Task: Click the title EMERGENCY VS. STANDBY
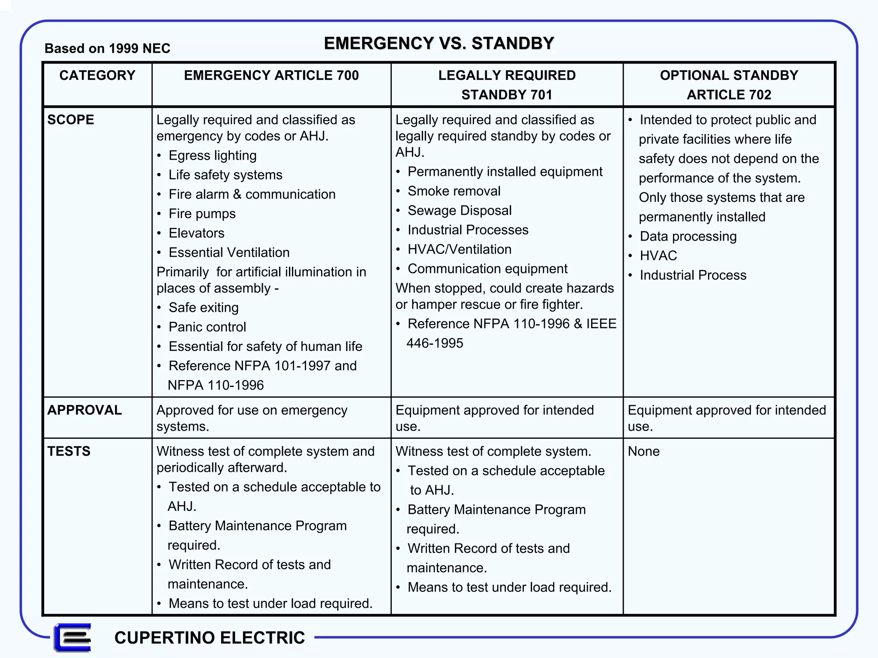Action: [439, 43]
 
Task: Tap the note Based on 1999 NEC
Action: [107, 48]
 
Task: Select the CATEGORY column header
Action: [97, 75]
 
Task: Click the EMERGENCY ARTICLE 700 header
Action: [271, 75]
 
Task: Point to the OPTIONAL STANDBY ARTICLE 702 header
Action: [729, 85]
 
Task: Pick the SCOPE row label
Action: [71, 120]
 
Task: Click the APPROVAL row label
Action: [84, 410]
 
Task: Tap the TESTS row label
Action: [69, 451]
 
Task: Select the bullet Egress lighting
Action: [212, 155]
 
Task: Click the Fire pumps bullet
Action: [202, 214]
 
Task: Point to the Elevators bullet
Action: [196, 233]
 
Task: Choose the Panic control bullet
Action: [207, 327]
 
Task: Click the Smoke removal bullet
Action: [454, 191]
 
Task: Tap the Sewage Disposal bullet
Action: [459, 210]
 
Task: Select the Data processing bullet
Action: [688, 236]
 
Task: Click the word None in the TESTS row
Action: [643, 451]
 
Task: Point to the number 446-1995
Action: [435, 343]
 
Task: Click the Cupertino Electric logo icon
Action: [73, 637]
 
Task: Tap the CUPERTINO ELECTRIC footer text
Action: [210, 638]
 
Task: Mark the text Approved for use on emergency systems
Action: [252, 418]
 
